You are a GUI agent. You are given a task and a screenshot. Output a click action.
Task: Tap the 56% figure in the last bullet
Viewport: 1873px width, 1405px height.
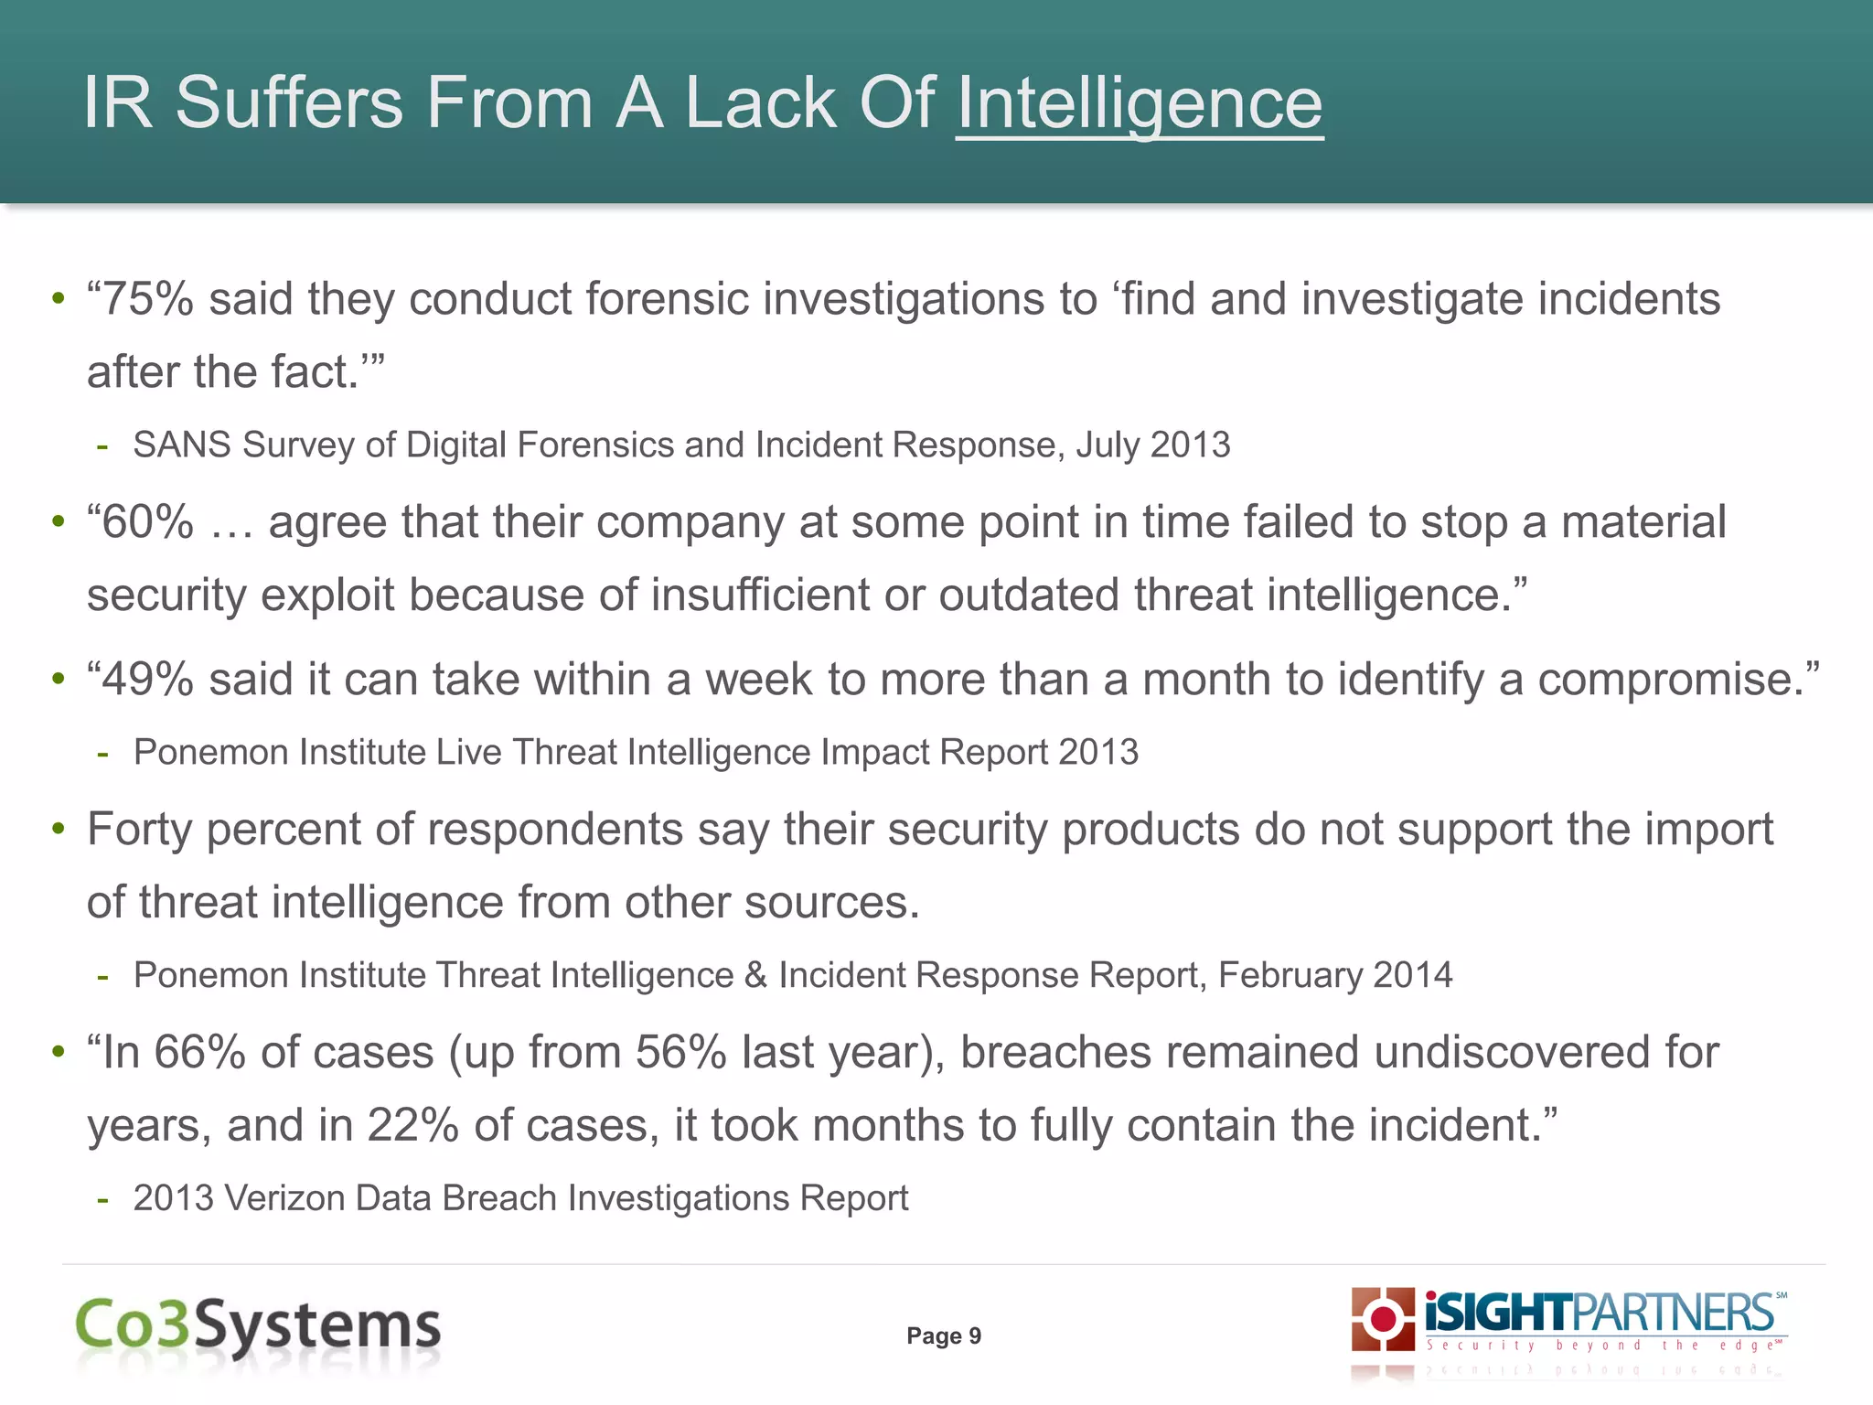[x=680, y=1053]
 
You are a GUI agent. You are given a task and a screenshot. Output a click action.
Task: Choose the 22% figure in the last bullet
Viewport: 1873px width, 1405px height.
[x=412, y=1126]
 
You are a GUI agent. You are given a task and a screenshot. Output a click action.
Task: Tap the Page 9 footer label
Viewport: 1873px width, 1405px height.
[x=944, y=1336]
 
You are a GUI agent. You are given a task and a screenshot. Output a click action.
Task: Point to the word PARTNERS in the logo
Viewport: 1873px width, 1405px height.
[x=1674, y=1314]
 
